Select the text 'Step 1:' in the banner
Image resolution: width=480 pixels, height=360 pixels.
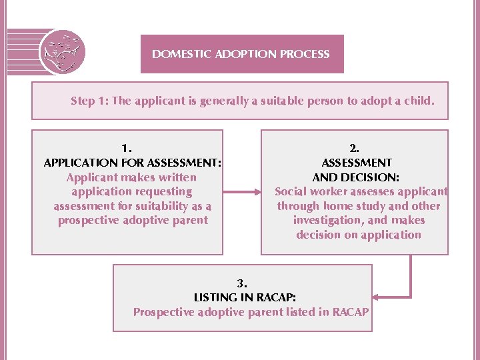(90, 101)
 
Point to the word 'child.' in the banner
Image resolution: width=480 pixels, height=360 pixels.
(417, 101)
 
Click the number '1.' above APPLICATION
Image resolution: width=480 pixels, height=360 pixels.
(127, 148)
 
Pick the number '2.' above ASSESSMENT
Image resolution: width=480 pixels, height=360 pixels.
(354, 148)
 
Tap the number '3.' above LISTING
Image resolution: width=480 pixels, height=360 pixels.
(242, 283)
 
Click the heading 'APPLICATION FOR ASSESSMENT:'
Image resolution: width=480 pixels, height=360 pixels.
(132, 163)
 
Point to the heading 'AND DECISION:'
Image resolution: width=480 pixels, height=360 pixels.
(356, 177)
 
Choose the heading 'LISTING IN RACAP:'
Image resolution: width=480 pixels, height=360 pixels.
(245, 297)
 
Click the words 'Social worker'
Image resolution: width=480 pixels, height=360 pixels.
(310, 192)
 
